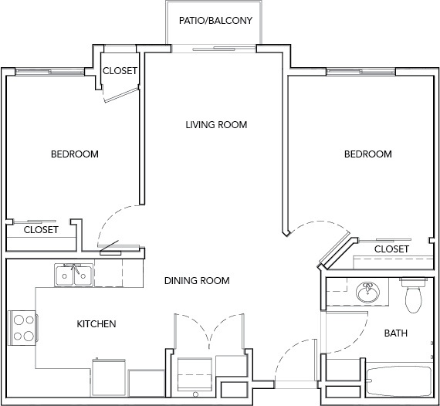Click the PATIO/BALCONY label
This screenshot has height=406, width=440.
215,21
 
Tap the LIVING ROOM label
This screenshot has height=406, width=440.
216,124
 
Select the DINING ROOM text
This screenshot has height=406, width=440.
197,281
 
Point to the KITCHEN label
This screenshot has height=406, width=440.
96,323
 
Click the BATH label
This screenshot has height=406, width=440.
396,333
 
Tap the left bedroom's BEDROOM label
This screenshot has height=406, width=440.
75,154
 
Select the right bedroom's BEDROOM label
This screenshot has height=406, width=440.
368,154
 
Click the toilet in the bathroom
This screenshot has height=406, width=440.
413,295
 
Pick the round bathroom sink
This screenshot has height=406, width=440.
367,292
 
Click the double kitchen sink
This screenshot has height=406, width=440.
74,276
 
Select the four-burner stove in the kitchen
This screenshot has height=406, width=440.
23,328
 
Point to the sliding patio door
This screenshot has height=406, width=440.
214,49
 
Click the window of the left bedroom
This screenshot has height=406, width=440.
49,72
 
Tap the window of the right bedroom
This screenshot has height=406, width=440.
360,72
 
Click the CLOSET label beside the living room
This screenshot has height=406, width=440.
120,71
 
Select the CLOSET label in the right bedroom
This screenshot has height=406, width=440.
391,249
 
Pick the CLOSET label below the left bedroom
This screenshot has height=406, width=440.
41,230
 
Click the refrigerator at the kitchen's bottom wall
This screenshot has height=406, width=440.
109,377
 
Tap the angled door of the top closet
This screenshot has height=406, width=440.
121,95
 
